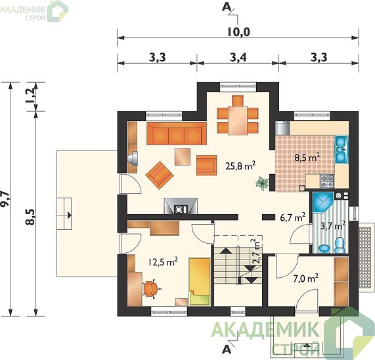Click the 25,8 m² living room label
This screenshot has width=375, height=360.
click(240, 166)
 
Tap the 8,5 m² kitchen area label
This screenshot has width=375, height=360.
click(307, 158)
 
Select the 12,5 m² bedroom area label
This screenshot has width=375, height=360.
click(163, 262)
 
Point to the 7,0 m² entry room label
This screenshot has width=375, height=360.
click(305, 279)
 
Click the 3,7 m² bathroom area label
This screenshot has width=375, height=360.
click(334, 225)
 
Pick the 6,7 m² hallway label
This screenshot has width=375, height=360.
click(292, 217)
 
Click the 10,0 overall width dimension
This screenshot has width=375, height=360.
click(238, 32)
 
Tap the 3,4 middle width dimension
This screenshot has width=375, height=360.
click(238, 57)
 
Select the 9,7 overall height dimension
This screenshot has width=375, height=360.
click(6, 198)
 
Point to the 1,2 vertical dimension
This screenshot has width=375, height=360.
click(31, 96)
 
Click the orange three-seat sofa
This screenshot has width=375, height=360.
click(177, 133)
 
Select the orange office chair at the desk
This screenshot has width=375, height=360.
click(151, 289)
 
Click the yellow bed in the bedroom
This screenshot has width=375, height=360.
click(200, 281)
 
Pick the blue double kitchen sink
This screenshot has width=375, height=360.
click(341, 150)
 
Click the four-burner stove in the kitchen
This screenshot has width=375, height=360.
click(327, 181)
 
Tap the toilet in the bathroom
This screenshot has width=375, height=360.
click(340, 245)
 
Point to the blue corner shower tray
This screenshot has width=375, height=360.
click(322, 202)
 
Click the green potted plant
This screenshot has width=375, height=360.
click(262, 183)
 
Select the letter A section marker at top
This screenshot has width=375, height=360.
click(227, 7)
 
